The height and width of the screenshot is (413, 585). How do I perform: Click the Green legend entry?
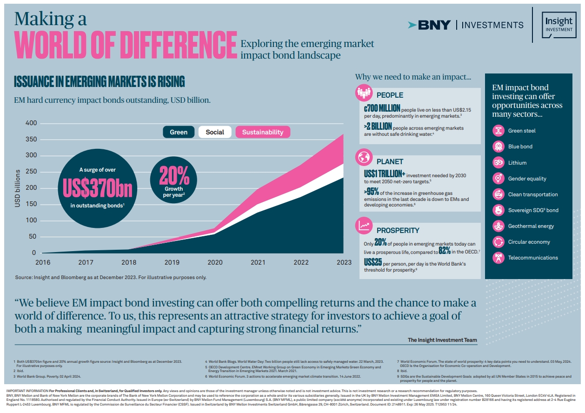(179, 132)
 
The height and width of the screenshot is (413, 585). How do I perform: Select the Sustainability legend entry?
(262, 132)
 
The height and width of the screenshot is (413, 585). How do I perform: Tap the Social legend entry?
(215, 132)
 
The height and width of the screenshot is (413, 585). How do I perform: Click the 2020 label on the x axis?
(215, 262)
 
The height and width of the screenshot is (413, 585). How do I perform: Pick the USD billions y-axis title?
(18, 188)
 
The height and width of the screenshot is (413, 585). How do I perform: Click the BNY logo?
(429, 25)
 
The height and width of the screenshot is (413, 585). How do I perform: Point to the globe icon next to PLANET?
(363, 157)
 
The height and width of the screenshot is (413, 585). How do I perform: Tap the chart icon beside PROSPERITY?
(363, 226)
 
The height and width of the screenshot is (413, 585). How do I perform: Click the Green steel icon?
(498, 131)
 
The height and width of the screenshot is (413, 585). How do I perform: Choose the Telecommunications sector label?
(532, 258)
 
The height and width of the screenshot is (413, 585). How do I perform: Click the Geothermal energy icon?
(498, 226)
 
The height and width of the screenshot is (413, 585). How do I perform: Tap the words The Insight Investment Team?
(442, 340)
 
